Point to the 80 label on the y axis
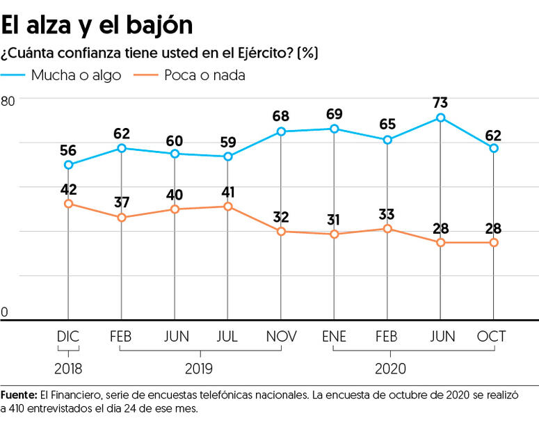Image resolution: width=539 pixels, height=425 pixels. [8, 102]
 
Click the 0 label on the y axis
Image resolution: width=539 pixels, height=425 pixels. [4, 312]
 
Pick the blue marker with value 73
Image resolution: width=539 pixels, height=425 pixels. [440, 118]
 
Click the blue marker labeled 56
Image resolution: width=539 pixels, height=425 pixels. [68, 165]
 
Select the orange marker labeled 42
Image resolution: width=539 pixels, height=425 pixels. [68, 204]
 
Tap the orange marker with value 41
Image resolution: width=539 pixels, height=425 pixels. [227, 207]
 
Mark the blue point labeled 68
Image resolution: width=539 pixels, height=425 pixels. [281, 131]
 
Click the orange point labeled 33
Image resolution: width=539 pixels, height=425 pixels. [387, 229]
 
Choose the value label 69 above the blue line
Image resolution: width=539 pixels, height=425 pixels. [334, 113]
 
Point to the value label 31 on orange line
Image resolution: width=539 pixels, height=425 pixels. [334, 220]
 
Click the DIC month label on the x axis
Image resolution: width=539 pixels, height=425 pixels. [68, 337]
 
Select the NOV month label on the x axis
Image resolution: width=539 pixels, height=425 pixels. [281, 337]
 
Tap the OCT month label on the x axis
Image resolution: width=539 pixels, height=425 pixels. [492, 337]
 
